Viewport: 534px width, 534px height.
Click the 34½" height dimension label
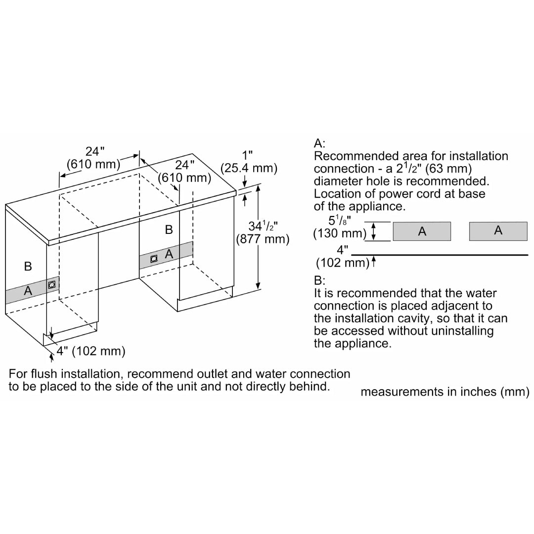tap(264, 226)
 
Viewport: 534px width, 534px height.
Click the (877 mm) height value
tap(262, 239)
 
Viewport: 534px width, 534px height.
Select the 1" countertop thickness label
tap(249, 155)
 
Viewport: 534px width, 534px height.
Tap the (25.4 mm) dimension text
tap(249, 168)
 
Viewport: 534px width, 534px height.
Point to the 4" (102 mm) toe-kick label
tap(90, 351)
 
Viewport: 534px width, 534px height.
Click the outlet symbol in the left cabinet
tap(52, 284)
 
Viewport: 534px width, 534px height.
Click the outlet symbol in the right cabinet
tap(154, 258)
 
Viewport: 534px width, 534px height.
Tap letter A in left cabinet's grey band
tap(28, 291)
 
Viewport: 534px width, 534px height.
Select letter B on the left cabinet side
tap(28, 267)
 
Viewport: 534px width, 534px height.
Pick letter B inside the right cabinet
tap(169, 229)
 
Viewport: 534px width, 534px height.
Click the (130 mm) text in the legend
tap(339, 233)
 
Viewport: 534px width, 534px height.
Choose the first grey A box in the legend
tap(422, 231)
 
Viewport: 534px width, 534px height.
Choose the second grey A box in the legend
tap(498, 230)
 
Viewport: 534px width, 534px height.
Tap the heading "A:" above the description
tap(319, 144)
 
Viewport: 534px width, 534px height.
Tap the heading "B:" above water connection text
tap(319, 281)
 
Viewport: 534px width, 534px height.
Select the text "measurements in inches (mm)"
tap(445, 392)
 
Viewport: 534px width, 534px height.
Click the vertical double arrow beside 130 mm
tap(374, 231)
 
